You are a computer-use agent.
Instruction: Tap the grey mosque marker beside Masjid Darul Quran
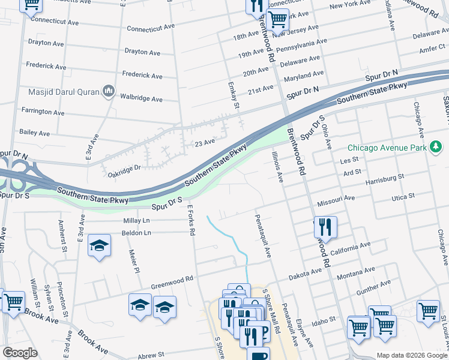[109, 91]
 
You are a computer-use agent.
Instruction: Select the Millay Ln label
[136, 221]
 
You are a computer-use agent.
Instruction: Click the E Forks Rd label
[191, 220]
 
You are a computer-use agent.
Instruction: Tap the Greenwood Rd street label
[172, 279]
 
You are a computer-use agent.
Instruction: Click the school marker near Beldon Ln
[100, 247]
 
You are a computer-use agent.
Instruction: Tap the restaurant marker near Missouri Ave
[325, 227]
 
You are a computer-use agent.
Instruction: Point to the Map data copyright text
[411, 355]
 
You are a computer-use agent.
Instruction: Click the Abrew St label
[151, 355]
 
